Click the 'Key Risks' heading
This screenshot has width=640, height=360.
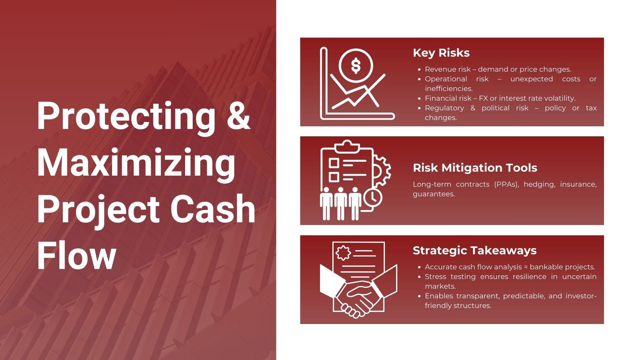[x=441, y=53]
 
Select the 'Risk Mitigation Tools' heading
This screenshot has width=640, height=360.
[x=475, y=168]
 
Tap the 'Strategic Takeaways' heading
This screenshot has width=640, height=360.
[x=474, y=251]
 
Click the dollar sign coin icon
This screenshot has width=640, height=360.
[x=356, y=66]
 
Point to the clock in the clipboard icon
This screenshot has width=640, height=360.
[x=373, y=197]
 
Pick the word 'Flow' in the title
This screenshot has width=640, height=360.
[x=76, y=255]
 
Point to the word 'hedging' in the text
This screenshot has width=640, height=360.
[x=540, y=184]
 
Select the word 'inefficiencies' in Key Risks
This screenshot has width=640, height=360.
[x=448, y=88]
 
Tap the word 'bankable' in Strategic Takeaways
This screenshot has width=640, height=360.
[x=546, y=267]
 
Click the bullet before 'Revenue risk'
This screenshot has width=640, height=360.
[x=419, y=70]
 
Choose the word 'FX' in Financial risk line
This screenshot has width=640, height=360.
[x=483, y=98]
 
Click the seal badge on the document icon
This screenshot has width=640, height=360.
[x=343, y=253]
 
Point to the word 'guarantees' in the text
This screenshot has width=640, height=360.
[x=434, y=194]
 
